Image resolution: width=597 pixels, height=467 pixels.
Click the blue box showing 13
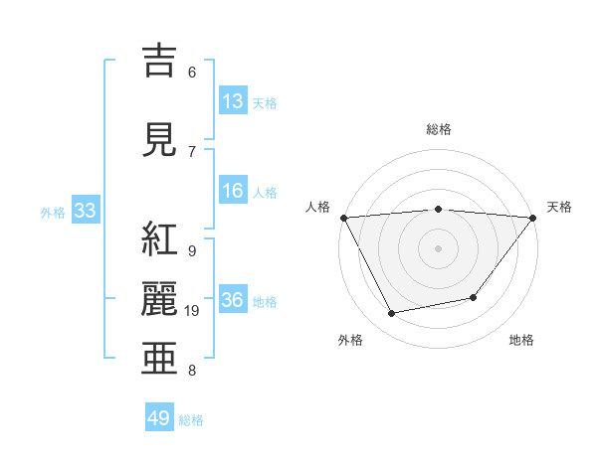click(233, 101)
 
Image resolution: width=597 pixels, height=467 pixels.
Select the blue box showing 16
click(233, 191)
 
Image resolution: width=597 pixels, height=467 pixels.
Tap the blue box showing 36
click(233, 300)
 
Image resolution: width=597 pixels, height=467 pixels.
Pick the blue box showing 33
click(85, 211)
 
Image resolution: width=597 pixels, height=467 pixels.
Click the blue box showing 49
click(159, 418)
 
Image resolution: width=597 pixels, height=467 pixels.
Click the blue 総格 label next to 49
click(192, 420)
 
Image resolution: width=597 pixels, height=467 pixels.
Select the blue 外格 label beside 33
click(53, 212)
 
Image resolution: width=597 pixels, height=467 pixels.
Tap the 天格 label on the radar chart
click(560, 207)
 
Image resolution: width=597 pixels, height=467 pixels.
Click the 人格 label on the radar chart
click(318, 207)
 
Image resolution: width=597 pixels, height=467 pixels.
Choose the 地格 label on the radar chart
click(521, 341)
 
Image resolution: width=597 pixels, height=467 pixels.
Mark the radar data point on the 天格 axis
click(534, 217)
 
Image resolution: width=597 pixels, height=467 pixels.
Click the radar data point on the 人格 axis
click(343, 217)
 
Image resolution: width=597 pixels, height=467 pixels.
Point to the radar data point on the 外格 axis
click(392, 314)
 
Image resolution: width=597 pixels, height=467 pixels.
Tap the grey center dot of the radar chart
click(439, 247)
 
